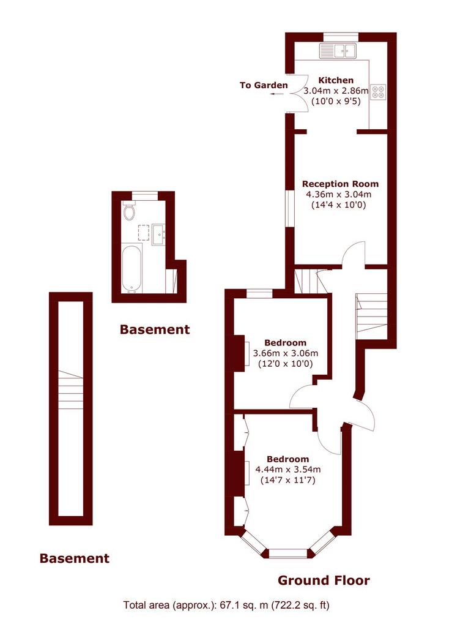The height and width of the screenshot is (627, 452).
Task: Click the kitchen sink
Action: tap(338, 50)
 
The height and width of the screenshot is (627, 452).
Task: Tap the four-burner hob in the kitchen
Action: tap(379, 92)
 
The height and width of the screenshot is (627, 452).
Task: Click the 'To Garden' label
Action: tap(264, 85)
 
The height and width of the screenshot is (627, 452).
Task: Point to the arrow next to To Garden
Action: tap(276, 94)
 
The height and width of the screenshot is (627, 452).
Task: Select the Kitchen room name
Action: tap(336, 80)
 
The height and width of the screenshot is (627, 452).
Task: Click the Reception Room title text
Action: tap(340, 184)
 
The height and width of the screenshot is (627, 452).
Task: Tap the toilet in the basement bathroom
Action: tap(129, 211)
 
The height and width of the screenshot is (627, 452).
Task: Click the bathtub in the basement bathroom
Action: tap(132, 268)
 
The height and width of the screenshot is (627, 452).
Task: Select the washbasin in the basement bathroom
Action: tap(158, 234)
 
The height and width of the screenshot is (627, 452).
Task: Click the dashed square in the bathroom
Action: tap(143, 232)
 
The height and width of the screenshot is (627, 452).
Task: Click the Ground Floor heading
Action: tap(324, 580)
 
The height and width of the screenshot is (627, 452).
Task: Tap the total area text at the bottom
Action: tap(226, 605)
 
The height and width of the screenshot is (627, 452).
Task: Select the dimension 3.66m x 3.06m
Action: tap(286, 353)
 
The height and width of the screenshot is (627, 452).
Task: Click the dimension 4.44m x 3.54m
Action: tap(288, 470)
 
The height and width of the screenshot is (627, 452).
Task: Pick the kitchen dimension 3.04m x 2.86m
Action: tap(336, 91)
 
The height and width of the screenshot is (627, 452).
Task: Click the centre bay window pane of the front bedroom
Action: tap(288, 554)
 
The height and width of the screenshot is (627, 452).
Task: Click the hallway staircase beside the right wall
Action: tap(372, 313)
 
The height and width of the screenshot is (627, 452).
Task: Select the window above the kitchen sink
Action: tap(341, 37)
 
